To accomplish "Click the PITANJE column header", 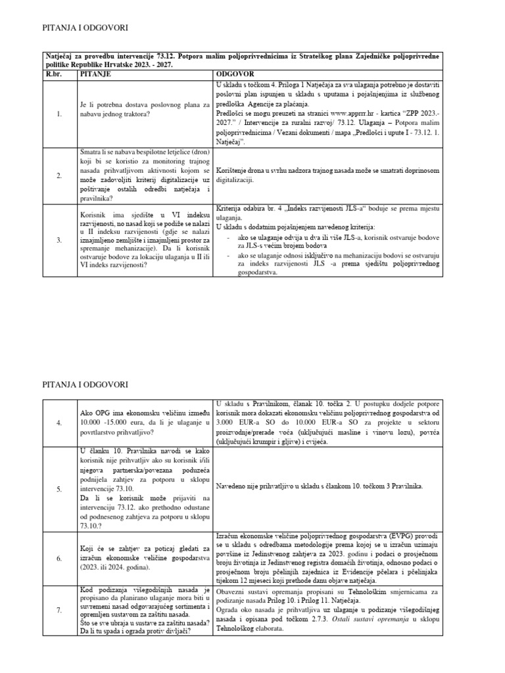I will coord(95,75).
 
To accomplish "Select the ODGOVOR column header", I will coord(235,75).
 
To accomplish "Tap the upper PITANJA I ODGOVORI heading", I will coord(85,28).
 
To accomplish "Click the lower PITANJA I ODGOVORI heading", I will coord(85,383).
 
